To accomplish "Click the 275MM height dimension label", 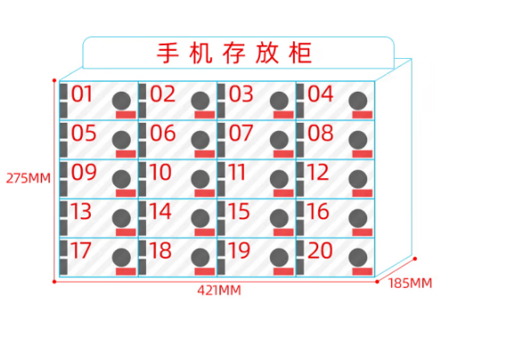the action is pyautogui.click(x=29, y=178).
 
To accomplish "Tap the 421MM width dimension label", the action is pyautogui.click(x=219, y=290).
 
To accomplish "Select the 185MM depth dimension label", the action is pyautogui.click(x=410, y=283).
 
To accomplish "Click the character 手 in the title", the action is pyautogui.click(x=168, y=53).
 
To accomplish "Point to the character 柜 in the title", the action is pyautogui.click(x=300, y=53).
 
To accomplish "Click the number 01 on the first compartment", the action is pyautogui.click(x=82, y=94).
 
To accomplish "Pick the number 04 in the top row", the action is pyautogui.click(x=320, y=94).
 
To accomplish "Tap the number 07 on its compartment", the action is pyautogui.click(x=241, y=133).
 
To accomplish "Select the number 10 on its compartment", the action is pyautogui.click(x=160, y=172).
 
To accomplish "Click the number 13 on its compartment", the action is pyautogui.click(x=81, y=211).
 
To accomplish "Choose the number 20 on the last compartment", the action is pyautogui.click(x=320, y=250).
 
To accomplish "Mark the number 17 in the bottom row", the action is pyautogui.click(x=81, y=250).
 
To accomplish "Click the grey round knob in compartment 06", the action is pyautogui.click(x=201, y=140).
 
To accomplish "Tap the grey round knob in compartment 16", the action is pyautogui.click(x=358, y=217).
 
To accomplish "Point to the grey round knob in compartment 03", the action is pyautogui.click(x=280, y=101).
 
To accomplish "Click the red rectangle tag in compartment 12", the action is pyautogui.click(x=363, y=193).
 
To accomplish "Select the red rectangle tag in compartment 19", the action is pyautogui.click(x=283, y=272).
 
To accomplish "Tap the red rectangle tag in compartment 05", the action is pyautogui.click(x=126, y=154).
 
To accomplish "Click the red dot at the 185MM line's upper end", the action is pyautogui.click(x=415, y=259).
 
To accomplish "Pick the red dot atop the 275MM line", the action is pyautogui.click(x=54, y=80).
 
